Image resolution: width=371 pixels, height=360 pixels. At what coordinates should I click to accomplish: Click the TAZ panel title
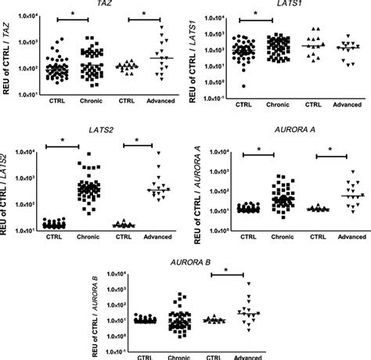click(103, 5)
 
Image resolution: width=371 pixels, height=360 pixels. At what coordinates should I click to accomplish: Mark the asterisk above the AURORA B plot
click(226, 270)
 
